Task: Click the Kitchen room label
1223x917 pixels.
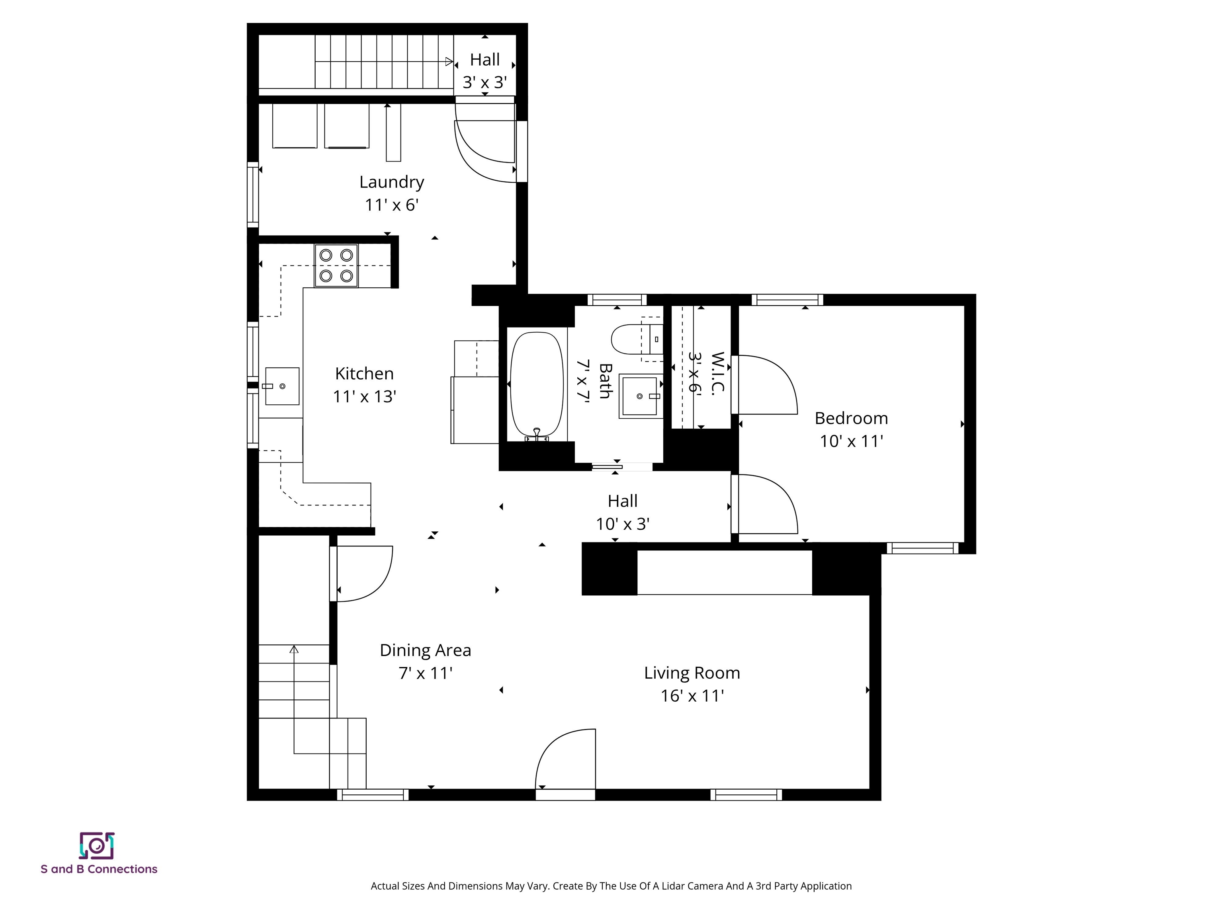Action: (364, 374)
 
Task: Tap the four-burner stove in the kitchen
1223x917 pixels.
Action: (336, 265)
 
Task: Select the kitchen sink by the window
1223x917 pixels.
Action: (282, 386)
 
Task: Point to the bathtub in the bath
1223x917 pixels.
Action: (536, 385)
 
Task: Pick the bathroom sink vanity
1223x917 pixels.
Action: (640, 396)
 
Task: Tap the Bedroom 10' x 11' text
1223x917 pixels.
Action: (851, 429)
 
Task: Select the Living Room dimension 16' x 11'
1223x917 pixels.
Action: (692, 695)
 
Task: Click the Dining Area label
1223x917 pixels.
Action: (425, 650)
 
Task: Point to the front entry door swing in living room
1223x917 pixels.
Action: (564, 760)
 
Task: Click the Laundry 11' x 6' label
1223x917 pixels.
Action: (391, 193)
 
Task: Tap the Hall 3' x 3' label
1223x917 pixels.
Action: (485, 71)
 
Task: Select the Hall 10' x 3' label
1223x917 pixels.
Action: (623, 512)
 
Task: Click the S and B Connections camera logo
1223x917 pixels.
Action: (97, 846)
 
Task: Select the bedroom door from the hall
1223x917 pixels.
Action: (766, 504)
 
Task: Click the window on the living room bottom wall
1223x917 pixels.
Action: (746, 795)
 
